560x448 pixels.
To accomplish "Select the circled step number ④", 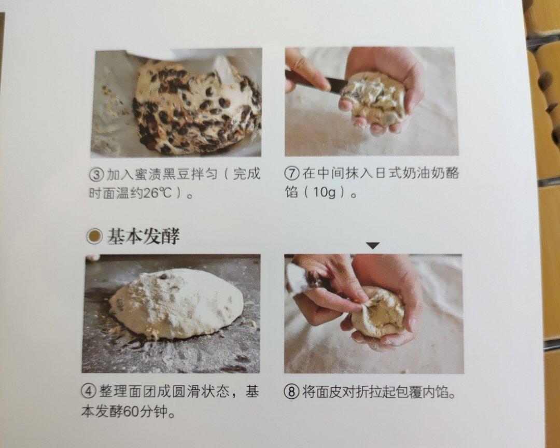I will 89,393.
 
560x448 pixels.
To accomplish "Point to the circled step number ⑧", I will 293,393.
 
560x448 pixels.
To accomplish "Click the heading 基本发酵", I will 143,236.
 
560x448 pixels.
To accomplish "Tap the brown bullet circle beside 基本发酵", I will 94,236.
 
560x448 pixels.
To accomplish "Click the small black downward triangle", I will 373,246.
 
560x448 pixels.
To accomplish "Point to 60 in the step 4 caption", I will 132,412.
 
